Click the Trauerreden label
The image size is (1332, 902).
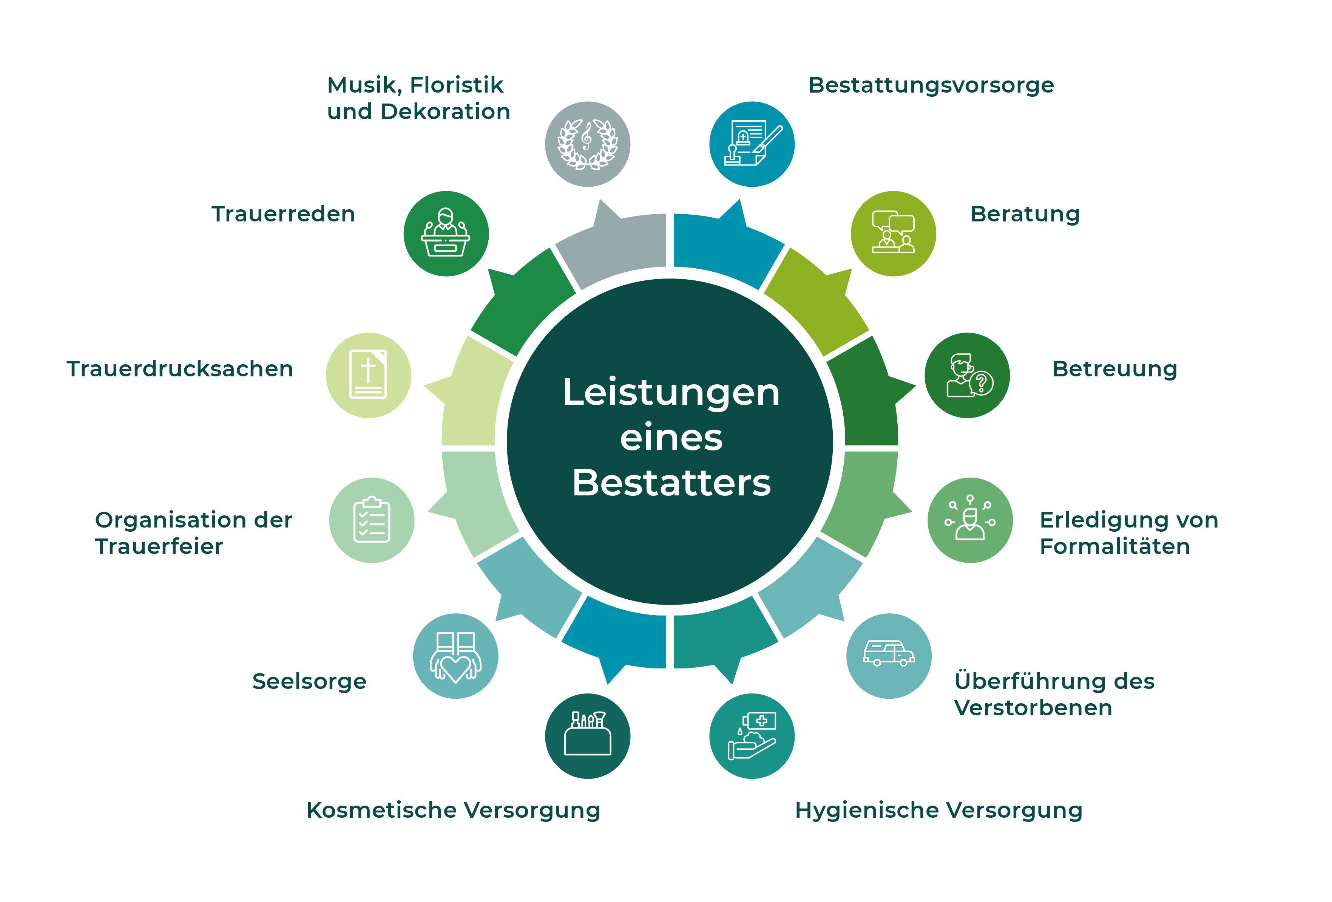(x=283, y=214)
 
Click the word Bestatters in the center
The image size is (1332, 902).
(x=671, y=483)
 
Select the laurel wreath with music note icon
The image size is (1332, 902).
(x=588, y=144)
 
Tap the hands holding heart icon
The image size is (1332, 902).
(x=456, y=657)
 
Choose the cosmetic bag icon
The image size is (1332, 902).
(x=588, y=733)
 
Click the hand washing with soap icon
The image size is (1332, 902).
(x=752, y=736)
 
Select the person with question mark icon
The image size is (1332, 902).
(x=969, y=376)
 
